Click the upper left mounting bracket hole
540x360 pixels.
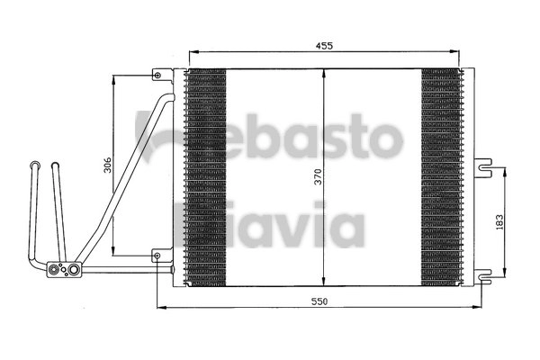[158, 75]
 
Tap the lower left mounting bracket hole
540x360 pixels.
[158, 256]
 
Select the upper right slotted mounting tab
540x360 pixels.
[484, 165]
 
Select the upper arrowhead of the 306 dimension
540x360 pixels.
[114, 79]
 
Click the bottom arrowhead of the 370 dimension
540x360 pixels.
[323, 281]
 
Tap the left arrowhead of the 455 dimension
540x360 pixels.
[188, 50]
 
